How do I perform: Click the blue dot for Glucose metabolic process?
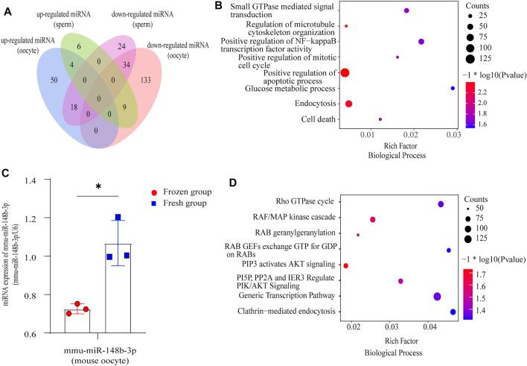tap(453, 88)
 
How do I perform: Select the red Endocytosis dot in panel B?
tap(348, 104)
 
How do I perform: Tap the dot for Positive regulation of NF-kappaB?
tap(421, 42)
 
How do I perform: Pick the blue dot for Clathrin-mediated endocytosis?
tap(453, 312)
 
